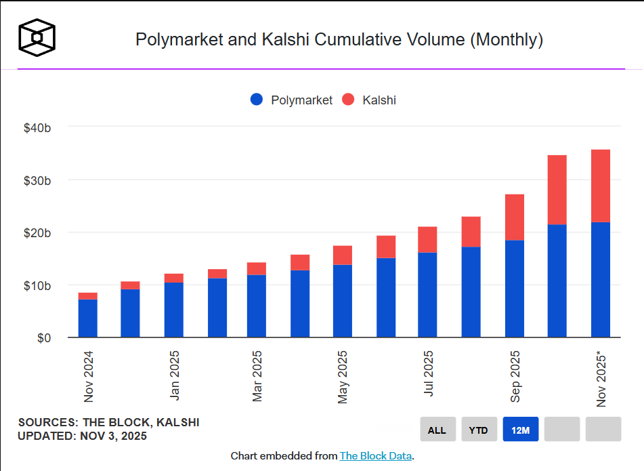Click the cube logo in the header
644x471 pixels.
37,37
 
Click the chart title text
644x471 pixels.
339,39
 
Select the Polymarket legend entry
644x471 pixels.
292,100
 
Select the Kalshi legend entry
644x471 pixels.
369,100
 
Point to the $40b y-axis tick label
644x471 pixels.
37,127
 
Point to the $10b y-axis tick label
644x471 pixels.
37,285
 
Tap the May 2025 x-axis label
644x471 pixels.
343,377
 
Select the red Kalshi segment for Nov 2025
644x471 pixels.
601,186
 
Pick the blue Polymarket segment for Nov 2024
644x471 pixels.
88,318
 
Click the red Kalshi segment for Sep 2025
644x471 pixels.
515,217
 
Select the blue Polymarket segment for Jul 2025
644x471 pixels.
427,295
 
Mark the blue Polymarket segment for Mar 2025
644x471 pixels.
257,306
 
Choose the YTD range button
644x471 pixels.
479,430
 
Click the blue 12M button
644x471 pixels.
521,430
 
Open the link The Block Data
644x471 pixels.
375,455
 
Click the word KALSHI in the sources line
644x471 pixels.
177,422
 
